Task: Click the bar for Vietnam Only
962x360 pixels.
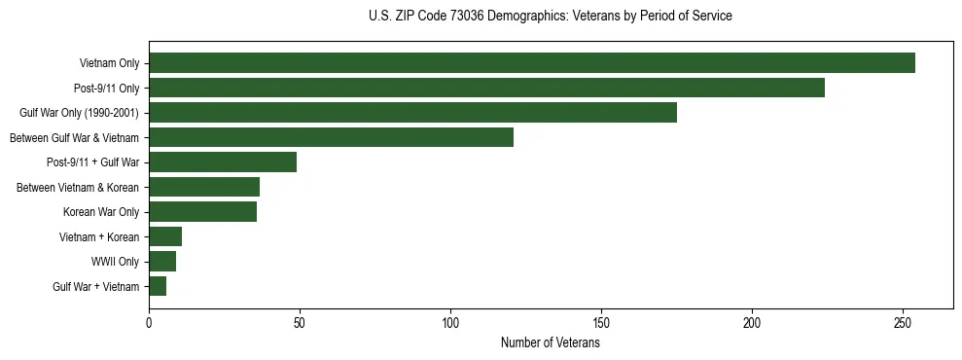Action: pyautogui.click(x=532, y=63)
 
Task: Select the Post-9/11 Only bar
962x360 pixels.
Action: pyautogui.click(x=486, y=88)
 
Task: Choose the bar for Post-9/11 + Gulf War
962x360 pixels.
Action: pyautogui.click(x=223, y=162)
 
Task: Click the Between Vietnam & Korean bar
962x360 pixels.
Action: pyautogui.click(x=204, y=187)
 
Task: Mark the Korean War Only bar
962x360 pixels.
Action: pyautogui.click(x=202, y=212)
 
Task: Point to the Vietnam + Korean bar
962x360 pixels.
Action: pyautogui.click(x=165, y=236)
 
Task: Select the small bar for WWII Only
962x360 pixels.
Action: pyautogui.click(x=162, y=262)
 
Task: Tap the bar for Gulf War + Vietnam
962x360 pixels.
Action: pyautogui.click(x=158, y=286)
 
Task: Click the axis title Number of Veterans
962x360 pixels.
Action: pyautogui.click(x=550, y=342)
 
